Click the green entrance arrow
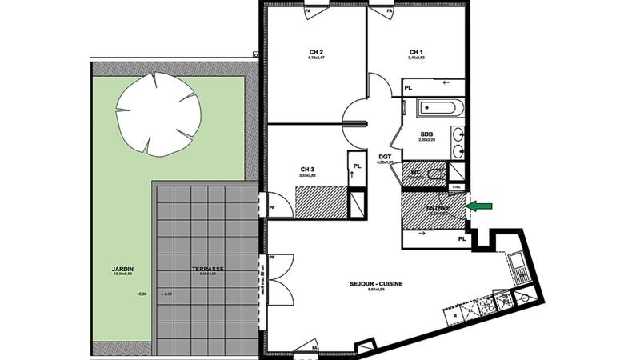pyautogui.click(x=478, y=206)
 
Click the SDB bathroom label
pyautogui.click(x=426, y=134)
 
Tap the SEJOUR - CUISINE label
pyautogui.click(x=375, y=283)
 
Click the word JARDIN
pyautogui.click(x=122, y=269)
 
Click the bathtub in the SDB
pyautogui.click(x=437, y=107)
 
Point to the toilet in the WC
pyautogui.click(x=434, y=173)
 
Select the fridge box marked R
pyautogui.click(x=455, y=316)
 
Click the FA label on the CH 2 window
pyautogui.click(x=308, y=12)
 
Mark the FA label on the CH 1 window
pyautogui.click(x=390, y=12)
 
